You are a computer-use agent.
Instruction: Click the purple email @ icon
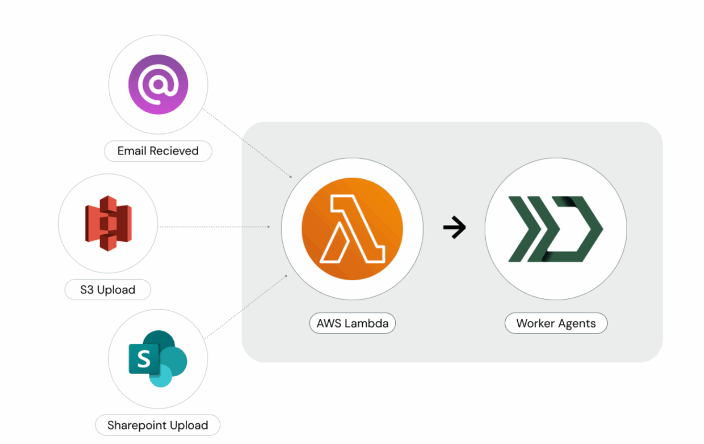pyautogui.click(x=158, y=85)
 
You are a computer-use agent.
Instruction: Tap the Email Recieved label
pyautogui.click(x=158, y=151)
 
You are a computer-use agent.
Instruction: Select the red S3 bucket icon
pyautogui.click(x=108, y=223)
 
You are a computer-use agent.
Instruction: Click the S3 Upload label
pyautogui.click(x=108, y=289)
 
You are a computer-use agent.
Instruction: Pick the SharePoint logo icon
pyautogui.click(x=158, y=359)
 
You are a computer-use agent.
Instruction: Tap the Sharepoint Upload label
pyautogui.click(x=158, y=425)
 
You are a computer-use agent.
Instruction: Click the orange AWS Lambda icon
pyautogui.click(x=353, y=229)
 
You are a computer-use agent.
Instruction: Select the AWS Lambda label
pyautogui.click(x=353, y=323)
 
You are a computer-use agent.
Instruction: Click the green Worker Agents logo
pyautogui.click(x=556, y=229)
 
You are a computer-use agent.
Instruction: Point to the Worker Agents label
pyautogui.click(x=556, y=323)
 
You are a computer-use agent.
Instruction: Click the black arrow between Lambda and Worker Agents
pyautogui.click(x=454, y=227)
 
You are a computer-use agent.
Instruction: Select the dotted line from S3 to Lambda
pyautogui.click(x=214, y=227)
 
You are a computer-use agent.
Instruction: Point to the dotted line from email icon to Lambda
pyautogui.click(x=247, y=143)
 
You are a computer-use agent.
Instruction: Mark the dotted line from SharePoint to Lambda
pyautogui.click(x=246, y=307)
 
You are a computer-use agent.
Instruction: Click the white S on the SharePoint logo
pyautogui.click(x=144, y=359)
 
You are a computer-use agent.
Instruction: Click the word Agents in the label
pyautogui.click(x=577, y=324)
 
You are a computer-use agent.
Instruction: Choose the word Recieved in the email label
pyautogui.click(x=174, y=151)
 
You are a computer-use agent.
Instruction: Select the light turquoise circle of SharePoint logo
pyautogui.click(x=161, y=376)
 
